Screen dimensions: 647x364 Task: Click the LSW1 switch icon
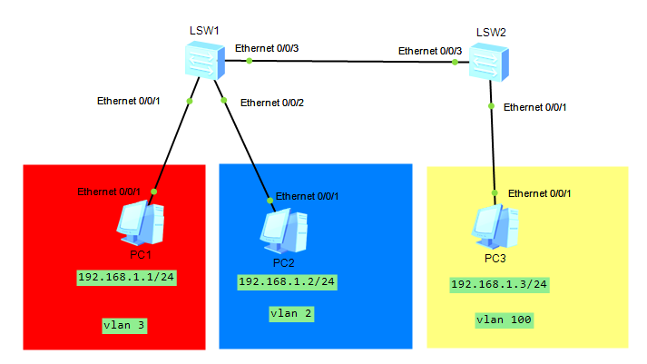[x=205, y=60]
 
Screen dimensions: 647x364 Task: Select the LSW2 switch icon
[x=489, y=63]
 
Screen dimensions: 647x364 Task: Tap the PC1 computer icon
[x=141, y=223]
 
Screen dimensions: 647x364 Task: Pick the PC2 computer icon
[x=284, y=231]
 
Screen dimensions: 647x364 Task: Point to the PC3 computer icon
[x=495, y=227]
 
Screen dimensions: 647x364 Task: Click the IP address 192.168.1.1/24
[x=126, y=278]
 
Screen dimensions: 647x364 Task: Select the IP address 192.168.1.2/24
[x=287, y=282]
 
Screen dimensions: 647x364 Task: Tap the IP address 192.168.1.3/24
[x=499, y=285]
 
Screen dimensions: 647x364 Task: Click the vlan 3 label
[x=124, y=326]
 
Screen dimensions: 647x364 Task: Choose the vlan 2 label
[x=291, y=314]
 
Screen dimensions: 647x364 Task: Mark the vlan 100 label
[x=504, y=320]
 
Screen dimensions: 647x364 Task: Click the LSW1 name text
[x=204, y=31]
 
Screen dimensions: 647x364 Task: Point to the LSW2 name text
[x=491, y=33]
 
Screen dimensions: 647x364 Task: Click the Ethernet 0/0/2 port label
[x=272, y=103]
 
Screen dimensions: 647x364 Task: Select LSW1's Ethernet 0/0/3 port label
[x=267, y=48]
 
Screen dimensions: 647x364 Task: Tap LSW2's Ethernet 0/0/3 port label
[x=430, y=51]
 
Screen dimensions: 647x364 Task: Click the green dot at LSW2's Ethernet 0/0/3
[x=455, y=63]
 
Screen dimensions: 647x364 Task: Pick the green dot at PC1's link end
[x=154, y=192]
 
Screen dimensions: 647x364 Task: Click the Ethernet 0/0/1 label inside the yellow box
[x=539, y=193]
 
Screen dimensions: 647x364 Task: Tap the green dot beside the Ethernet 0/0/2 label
[x=223, y=100]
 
